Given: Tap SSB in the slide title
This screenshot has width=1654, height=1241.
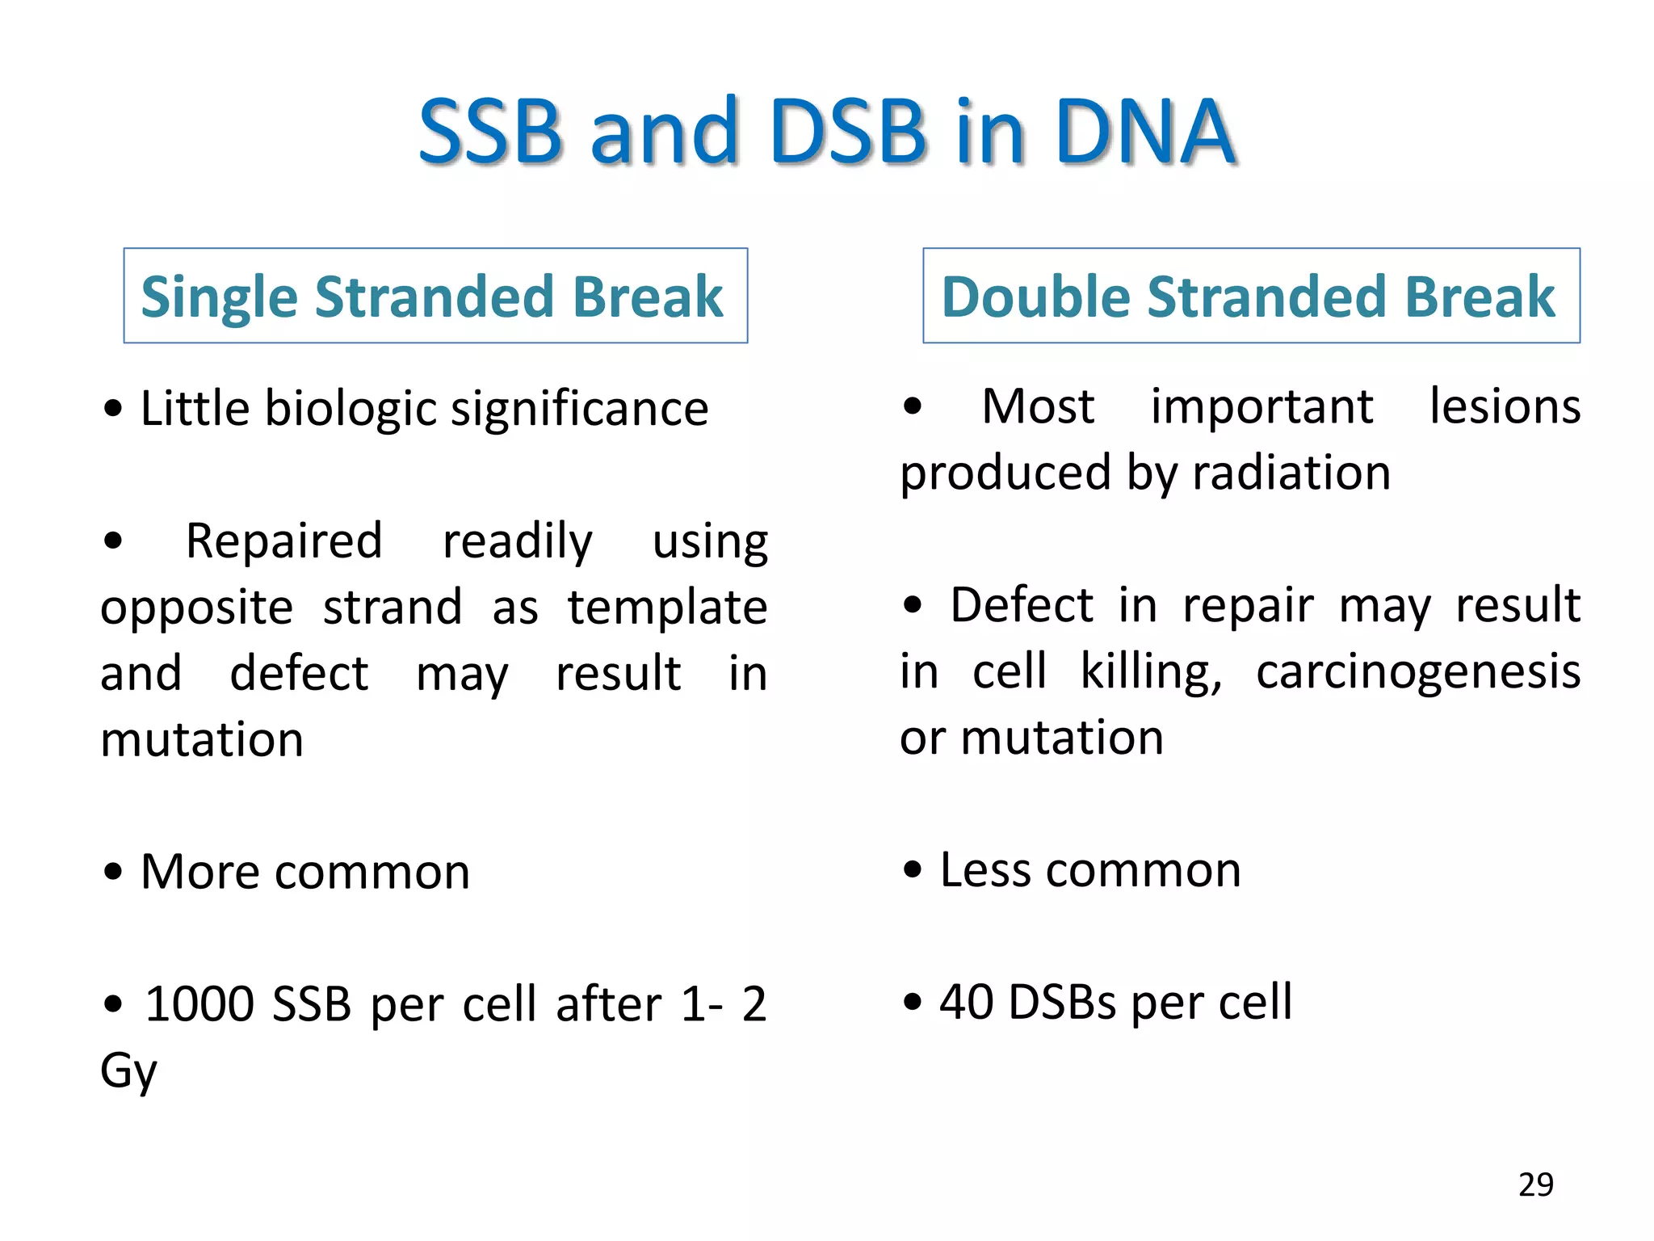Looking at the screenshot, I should point(490,131).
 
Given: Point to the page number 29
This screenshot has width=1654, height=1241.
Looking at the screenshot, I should point(1535,1184).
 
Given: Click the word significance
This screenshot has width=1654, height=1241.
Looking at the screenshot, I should point(579,408).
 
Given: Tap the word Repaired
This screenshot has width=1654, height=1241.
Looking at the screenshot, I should point(283,541).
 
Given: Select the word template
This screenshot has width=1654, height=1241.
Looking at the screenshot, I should point(667,607).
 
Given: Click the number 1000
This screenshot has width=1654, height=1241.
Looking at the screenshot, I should point(199,1004).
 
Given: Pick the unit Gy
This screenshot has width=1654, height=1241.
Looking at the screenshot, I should point(128,1071).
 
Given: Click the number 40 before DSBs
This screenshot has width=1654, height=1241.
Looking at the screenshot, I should point(966,1002).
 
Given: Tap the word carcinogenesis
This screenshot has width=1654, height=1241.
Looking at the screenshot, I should point(1418,671).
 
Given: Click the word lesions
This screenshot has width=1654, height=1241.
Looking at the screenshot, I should point(1505,406).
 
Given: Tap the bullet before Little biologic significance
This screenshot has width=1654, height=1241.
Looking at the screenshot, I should point(114,409).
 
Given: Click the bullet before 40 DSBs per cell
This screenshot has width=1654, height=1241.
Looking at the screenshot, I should point(913,1003).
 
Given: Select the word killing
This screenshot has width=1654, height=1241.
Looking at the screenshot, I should point(1151,671).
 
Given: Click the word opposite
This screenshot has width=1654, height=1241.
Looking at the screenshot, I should point(196,608).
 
